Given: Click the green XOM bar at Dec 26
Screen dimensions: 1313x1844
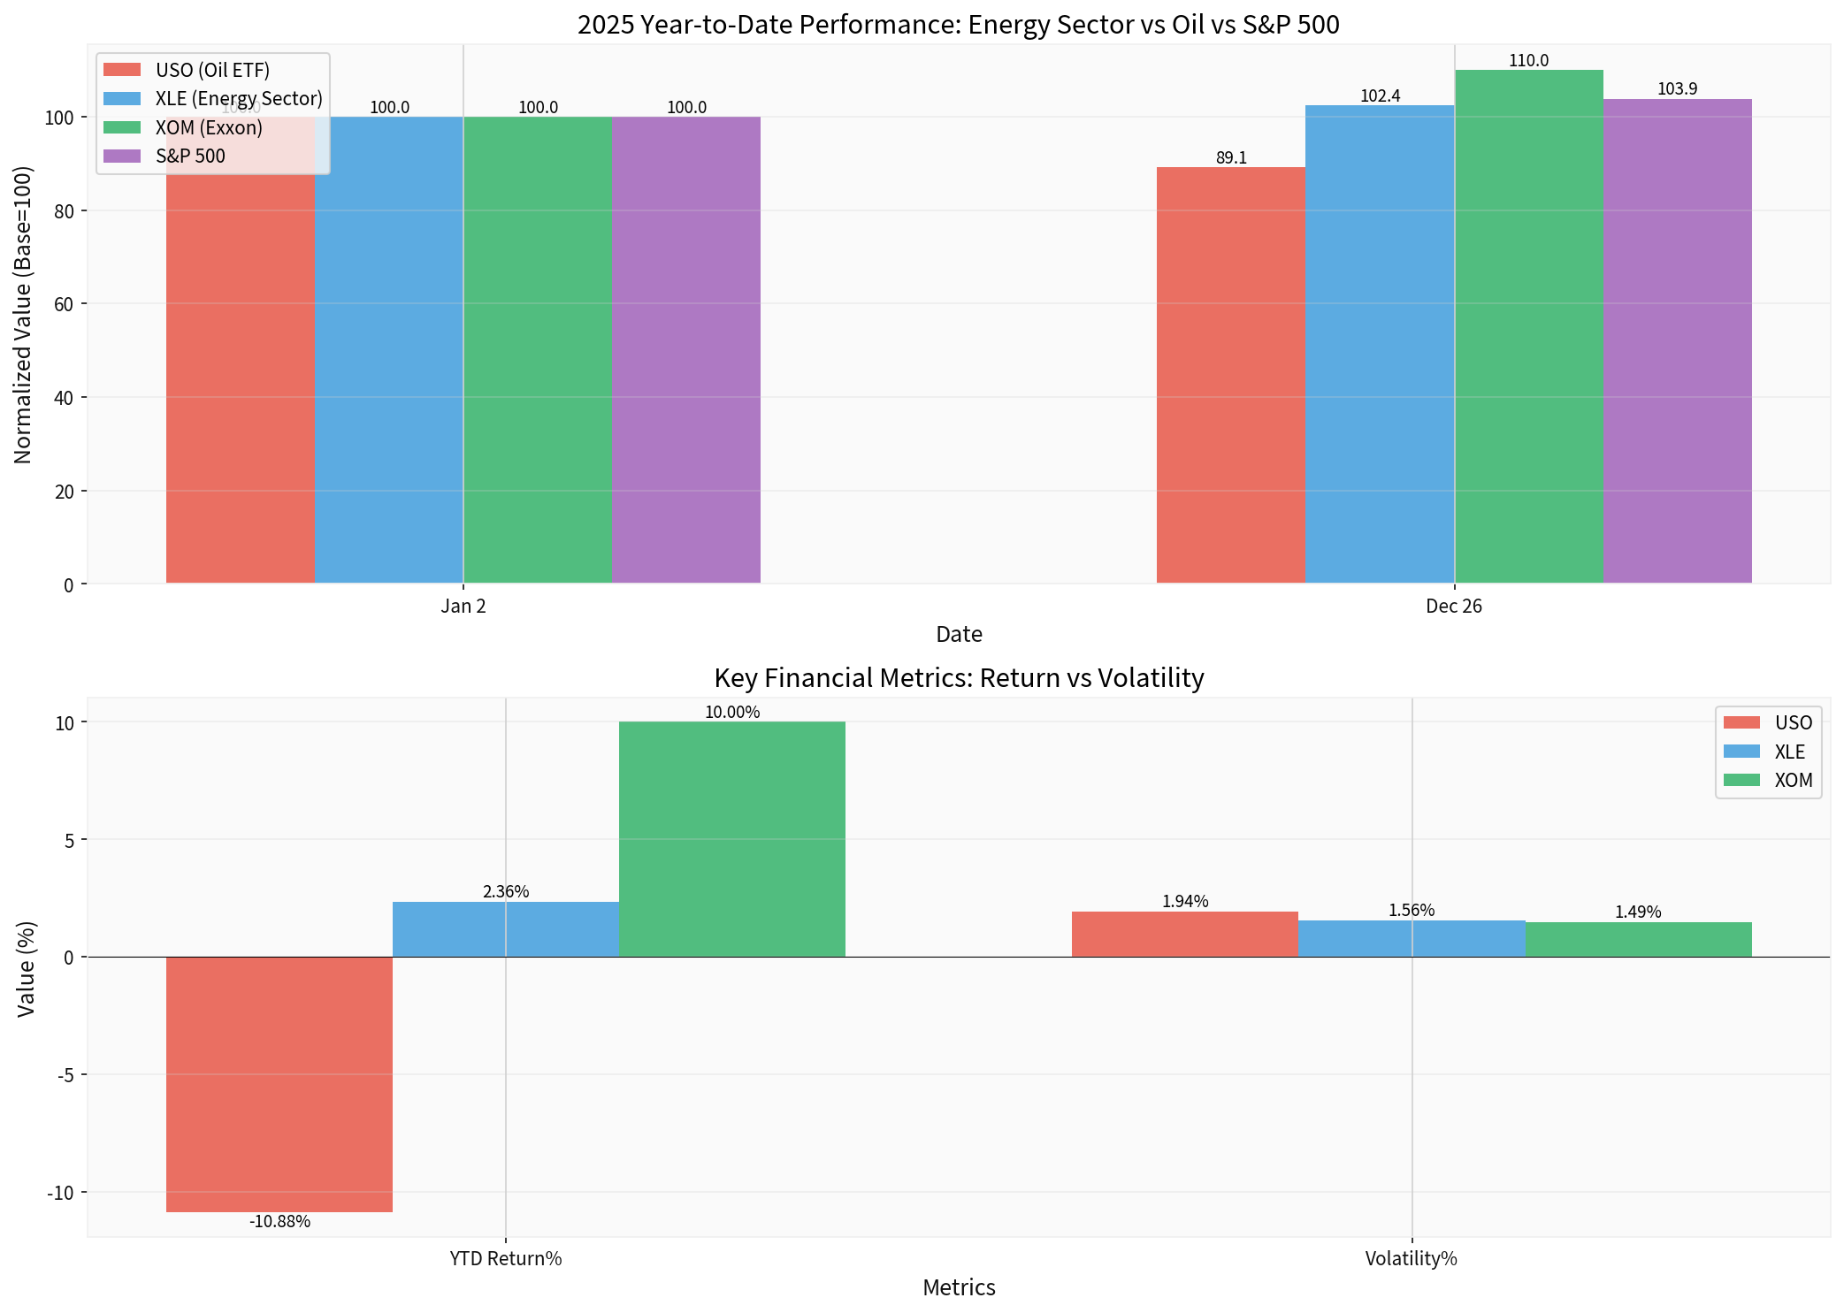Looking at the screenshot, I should click(1528, 327).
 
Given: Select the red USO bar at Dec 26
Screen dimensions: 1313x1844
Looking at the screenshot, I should click(1230, 376).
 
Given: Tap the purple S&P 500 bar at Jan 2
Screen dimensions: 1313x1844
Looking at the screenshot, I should click(685, 349).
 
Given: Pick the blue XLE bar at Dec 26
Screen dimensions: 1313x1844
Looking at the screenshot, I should click(1380, 345).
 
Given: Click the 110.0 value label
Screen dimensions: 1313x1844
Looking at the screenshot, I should click(1528, 61).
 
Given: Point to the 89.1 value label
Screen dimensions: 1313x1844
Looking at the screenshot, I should click(1231, 158).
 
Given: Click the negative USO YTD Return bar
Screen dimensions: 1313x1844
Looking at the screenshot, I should click(279, 1084).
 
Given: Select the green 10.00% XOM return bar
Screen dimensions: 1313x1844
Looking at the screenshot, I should click(731, 839).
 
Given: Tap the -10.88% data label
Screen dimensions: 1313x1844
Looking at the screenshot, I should click(279, 1222).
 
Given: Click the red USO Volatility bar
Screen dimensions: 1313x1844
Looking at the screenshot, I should click(1184, 935).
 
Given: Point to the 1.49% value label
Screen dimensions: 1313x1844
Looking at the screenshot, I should click(1637, 912).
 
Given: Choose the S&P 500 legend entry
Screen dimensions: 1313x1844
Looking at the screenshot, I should click(190, 156).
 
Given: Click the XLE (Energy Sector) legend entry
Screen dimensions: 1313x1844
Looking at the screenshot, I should click(238, 98).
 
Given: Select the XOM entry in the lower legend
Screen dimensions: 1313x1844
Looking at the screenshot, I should click(1793, 781).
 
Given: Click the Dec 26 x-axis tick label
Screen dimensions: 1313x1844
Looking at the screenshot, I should click(1453, 607).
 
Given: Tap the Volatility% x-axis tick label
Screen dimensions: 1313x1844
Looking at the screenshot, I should click(1411, 1259).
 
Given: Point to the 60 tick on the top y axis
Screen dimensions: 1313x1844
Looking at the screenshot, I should click(63, 304).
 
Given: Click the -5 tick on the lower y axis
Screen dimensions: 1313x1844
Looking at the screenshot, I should click(66, 1075).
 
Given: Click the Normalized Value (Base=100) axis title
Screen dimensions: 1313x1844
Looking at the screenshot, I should click(23, 314).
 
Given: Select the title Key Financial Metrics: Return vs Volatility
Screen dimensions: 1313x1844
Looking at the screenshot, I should click(959, 678).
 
